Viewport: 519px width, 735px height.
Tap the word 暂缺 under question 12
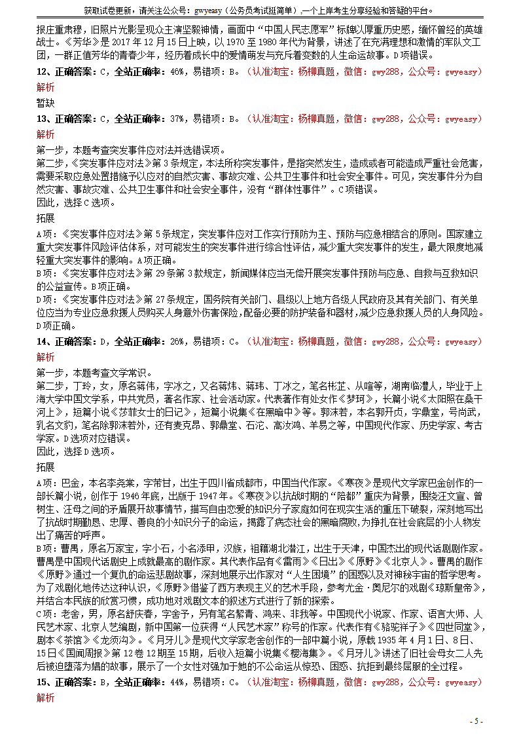(x=45, y=103)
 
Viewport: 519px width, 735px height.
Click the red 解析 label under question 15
(x=45, y=698)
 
